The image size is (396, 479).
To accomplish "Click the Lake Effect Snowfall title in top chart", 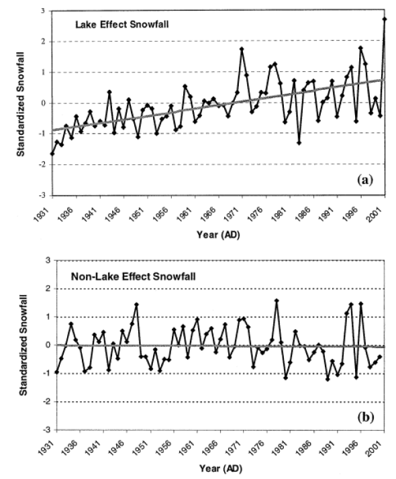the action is click(x=122, y=24).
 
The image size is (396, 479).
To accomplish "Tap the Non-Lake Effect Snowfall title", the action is click(x=133, y=276).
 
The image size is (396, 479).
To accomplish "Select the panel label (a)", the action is click(x=365, y=180).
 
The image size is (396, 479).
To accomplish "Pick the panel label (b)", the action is click(x=366, y=417).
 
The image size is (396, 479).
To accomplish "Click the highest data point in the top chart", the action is click(x=385, y=19).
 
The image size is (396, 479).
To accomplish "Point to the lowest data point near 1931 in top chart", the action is click(x=52, y=154).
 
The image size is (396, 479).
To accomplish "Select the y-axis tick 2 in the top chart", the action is click(x=43, y=42).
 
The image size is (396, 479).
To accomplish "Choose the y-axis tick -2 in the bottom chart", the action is click(x=48, y=402).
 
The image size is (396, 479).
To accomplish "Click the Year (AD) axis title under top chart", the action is click(x=218, y=235).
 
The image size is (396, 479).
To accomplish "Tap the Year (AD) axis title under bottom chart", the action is click(x=221, y=468).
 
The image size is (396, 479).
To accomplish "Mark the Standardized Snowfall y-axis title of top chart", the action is click(x=21, y=105).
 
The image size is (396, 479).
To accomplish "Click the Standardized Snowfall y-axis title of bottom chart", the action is click(x=23, y=345).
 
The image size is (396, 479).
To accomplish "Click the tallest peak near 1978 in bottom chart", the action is click(x=277, y=301).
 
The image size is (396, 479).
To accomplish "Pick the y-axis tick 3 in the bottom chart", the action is click(x=48, y=260).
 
